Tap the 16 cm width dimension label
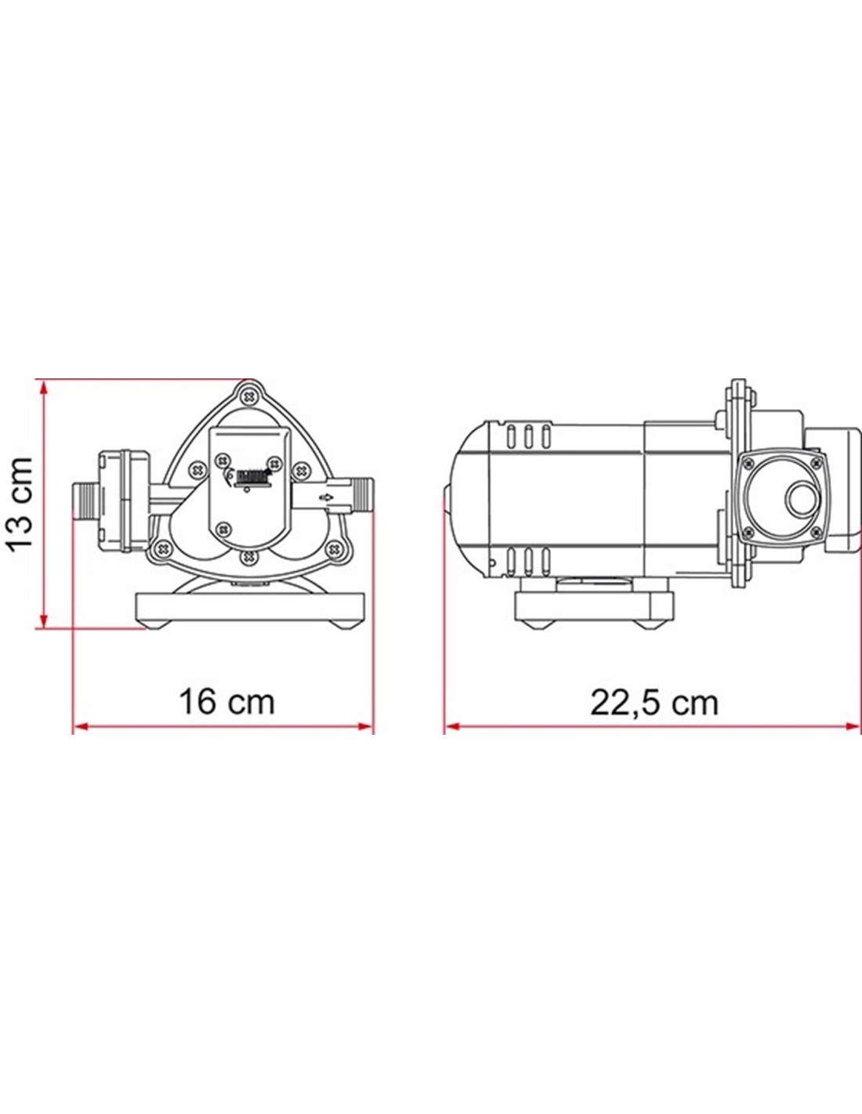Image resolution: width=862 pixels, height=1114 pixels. [x=226, y=702]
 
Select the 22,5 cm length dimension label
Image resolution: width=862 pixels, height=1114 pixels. [x=654, y=703]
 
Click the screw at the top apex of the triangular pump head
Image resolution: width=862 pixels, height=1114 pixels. [x=250, y=396]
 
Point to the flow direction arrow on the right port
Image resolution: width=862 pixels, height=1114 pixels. [x=326, y=497]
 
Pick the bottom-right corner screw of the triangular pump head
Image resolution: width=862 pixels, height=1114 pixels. [x=336, y=548]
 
